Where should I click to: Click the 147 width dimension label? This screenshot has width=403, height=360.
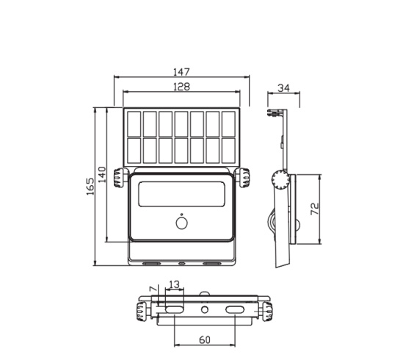coord(181,72)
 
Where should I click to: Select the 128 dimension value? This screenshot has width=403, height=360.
coord(182,87)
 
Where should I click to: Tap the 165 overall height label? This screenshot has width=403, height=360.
coord(90,187)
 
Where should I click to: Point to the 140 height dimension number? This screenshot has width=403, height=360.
coord(102,174)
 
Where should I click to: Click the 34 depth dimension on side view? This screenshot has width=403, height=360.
coord(284,88)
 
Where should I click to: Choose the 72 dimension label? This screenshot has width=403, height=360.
coord(315,209)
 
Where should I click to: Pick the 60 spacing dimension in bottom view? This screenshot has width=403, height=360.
coord(205,339)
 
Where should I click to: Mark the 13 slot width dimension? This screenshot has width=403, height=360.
coord(174,284)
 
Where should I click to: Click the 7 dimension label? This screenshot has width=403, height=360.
coord(153,289)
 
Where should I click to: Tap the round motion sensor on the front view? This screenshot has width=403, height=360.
coord(182,223)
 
